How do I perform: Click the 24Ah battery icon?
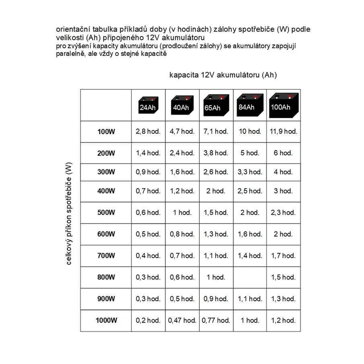click(148, 106)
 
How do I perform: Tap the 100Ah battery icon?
click(283, 105)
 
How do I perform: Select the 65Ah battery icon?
click(215, 105)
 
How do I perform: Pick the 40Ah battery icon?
click(181, 106)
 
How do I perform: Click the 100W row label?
click(106, 132)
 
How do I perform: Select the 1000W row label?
click(106, 321)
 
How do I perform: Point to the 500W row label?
click(106, 212)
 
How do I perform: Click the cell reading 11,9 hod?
click(283, 131)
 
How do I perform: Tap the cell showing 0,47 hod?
click(182, 320)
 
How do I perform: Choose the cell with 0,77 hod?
click(215, 320)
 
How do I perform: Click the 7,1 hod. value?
click(215, 131)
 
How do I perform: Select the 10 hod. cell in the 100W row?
click(249, 131)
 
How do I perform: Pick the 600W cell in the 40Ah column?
click(182, 234)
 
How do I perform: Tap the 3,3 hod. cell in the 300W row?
click(249, 172)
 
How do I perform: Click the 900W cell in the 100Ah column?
click(283, 299)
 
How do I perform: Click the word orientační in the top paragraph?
click(71, 29)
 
